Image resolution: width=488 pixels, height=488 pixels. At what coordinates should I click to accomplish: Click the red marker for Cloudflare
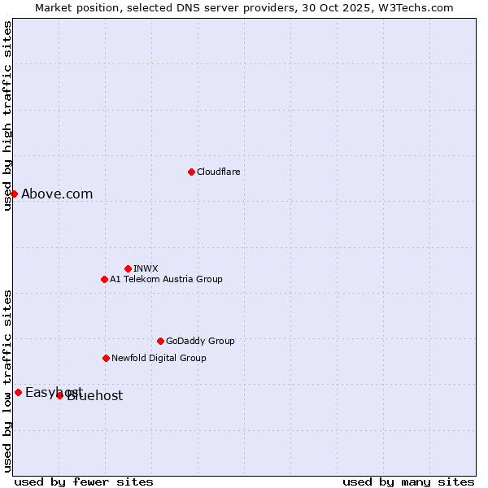click(191, 172)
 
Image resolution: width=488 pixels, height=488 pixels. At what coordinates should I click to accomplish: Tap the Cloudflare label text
click(218, 172)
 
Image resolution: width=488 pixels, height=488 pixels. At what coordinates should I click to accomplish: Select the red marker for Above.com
click(14, 194)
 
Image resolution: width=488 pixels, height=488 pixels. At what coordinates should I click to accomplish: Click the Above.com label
click(57, 194)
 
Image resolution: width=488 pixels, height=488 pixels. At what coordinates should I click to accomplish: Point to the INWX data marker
click(128, 268)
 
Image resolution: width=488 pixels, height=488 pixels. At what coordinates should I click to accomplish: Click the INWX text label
click(146, 268)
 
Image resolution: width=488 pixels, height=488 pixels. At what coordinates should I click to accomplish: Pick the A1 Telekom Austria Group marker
click(104, 279)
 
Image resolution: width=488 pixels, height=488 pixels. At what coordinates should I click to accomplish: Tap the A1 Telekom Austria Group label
click(166, 279)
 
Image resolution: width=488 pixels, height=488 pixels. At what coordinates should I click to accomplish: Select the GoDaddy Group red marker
click(160, 341)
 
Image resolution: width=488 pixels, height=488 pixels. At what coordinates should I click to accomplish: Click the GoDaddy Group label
click(200, 341)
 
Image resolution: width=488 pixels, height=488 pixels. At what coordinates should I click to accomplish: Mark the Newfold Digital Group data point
click(106, 358)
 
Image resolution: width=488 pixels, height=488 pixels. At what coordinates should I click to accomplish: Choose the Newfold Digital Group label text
click(159, 358)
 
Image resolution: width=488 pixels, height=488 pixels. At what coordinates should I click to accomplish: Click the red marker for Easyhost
click(18, 392)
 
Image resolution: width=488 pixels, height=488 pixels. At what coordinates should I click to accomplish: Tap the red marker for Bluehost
click(59, 395)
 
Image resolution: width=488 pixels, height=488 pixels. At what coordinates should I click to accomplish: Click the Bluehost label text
click(96, 396)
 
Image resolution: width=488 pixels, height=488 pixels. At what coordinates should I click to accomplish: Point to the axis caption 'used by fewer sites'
click(84, 481)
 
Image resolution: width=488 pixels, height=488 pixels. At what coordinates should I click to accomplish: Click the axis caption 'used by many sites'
click(408, 481)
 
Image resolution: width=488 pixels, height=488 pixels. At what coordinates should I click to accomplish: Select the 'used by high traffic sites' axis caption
click(7, 115)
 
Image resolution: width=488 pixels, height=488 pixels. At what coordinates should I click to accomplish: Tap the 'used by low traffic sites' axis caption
click(7, 381)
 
